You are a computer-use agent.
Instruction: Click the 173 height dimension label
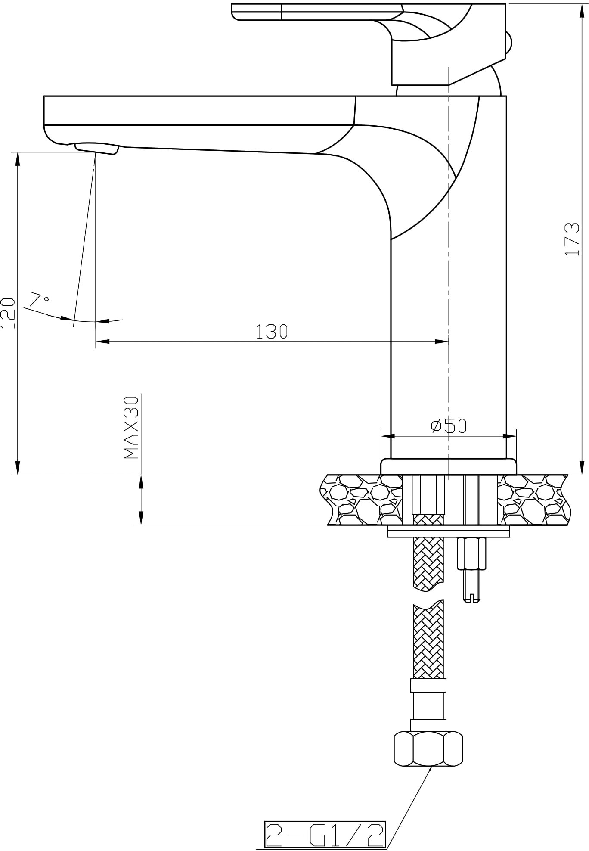pos(572,239)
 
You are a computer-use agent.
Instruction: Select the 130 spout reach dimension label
pos(272,331)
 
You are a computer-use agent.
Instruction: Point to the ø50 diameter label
pos(449,425)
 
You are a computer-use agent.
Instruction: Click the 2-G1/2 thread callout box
pos(325,834)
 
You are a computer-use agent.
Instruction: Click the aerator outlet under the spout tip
pos(96,149)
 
